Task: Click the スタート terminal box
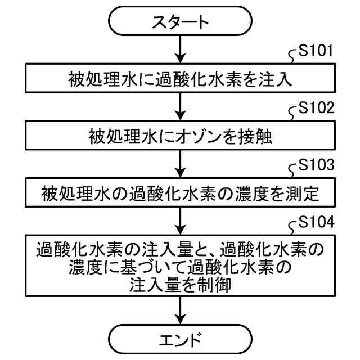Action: [179, 23]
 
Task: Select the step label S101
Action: [317, 53]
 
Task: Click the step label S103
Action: [317, 167]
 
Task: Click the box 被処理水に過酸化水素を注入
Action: [179, 78]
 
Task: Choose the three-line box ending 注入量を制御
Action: [179, 266]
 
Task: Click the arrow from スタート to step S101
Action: [179, 49]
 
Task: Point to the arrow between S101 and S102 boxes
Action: [179, 107]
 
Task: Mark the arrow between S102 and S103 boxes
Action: [179, 165]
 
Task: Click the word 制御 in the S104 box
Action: [216, 285]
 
